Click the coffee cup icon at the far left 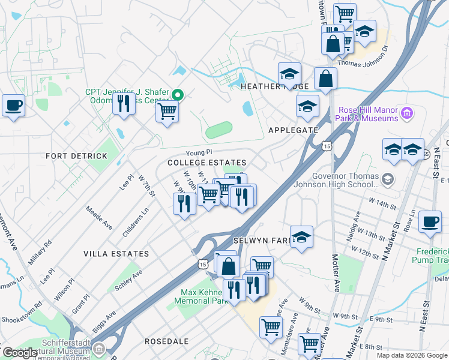13,106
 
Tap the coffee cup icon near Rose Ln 430,221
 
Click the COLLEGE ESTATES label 207,163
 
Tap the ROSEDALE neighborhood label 166,341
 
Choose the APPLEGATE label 293,130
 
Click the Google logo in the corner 20,353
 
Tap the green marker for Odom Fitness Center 177,95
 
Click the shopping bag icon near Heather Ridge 325,79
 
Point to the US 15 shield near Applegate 327,146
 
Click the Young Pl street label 199,153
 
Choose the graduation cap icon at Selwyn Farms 301,236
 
